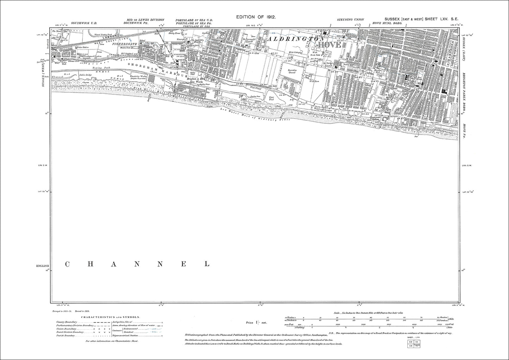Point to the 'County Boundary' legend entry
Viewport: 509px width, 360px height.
66,322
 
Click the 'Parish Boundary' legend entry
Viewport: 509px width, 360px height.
65,336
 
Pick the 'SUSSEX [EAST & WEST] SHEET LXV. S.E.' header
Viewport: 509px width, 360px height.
421,20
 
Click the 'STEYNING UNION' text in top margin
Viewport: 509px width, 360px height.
350,19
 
